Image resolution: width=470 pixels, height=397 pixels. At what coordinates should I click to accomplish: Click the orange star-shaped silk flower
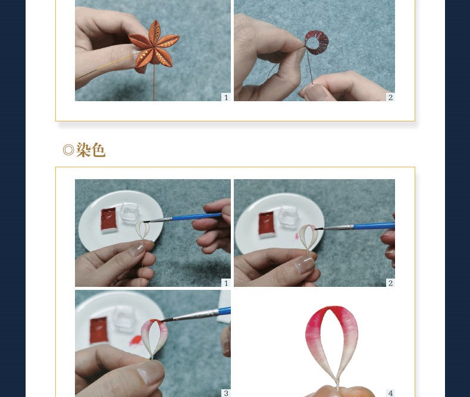point(154,46)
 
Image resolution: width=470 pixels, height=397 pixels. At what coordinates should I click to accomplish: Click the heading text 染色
point(90,149)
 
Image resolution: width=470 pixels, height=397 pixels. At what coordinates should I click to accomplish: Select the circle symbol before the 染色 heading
point(68,149)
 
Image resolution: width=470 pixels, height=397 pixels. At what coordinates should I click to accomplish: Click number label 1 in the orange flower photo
point(226,97)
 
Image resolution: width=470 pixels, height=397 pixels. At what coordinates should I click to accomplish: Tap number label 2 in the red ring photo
point(390,97)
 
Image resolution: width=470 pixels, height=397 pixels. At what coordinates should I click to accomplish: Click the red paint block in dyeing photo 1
point(108,219)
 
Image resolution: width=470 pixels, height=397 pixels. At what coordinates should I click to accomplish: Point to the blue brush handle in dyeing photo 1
point(196,217)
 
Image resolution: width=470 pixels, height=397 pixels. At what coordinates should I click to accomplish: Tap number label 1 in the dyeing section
point(226,283)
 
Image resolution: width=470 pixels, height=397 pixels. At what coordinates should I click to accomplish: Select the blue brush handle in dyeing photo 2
point(374,226)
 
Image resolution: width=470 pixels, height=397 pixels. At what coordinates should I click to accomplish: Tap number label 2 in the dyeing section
point(390,283)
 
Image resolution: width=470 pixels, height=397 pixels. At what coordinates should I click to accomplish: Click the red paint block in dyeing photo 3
point(99,330)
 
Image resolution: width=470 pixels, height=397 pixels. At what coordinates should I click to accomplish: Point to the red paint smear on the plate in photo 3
point(136,340)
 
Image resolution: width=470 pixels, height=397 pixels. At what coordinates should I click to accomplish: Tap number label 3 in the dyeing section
point(226,393)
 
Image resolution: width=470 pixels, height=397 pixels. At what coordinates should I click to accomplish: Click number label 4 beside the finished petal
point(390,393)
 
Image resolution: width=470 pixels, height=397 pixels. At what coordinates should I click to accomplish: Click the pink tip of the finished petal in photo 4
point(330,311)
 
